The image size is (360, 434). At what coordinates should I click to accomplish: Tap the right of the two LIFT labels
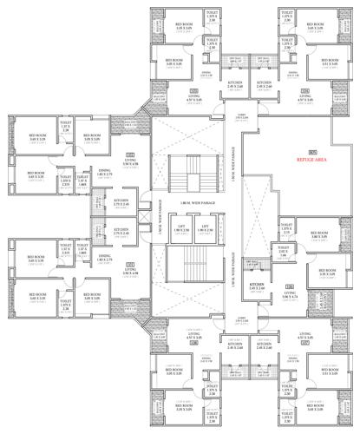[206, 228]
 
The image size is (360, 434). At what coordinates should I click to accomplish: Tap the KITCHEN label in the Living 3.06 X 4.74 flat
[257, 286]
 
